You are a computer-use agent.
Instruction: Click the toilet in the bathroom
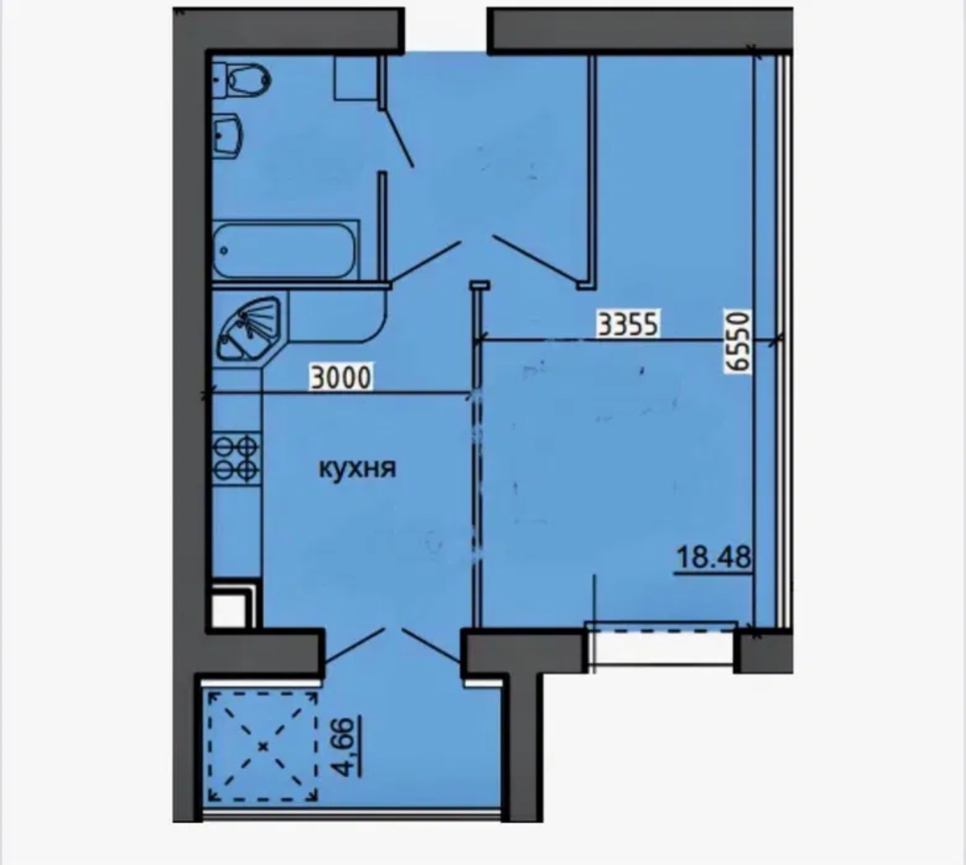(241, 81)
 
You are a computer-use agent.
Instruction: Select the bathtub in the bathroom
(285, 250)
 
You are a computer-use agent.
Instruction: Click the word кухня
(357, 469)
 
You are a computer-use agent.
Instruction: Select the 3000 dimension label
(341, 377)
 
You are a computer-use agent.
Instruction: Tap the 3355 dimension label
(628, 324)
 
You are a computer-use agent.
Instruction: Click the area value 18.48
(714, 557)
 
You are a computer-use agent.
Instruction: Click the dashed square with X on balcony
(263, 747)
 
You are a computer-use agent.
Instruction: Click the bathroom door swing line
(398, 137)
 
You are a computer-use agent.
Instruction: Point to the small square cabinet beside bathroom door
(353, 78)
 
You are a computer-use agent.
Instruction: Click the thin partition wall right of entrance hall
(592, 172)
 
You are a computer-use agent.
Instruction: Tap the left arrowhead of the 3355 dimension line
(479, 339)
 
